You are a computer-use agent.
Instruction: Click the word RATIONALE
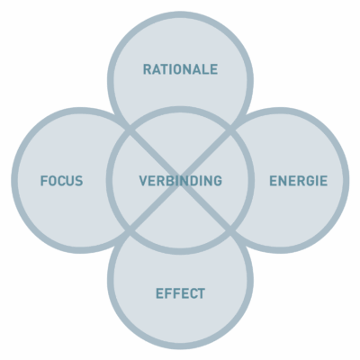[x=180, y=69]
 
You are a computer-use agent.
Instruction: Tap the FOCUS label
[x=61, y=181]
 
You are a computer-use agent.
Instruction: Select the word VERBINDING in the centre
[x=180, y=181]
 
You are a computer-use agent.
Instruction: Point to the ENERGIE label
[x=298, y=181]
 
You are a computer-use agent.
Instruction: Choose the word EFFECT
[x=180, y=293]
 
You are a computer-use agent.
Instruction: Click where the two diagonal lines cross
[x=180, y=181]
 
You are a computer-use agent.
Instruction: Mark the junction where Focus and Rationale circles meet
[x=130, y=130]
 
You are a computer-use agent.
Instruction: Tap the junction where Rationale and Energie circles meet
[x=230, y=130]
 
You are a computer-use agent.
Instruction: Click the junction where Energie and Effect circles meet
[x=230, y=231]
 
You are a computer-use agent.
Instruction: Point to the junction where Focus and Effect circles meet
[x=130, y=231]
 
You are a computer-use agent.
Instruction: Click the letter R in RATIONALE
[x=148, y=69]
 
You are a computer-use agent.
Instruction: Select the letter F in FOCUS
[x=44, y=181]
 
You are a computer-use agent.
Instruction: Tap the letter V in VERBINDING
[x=144, y=181]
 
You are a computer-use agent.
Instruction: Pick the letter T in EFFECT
[x=201, y=293]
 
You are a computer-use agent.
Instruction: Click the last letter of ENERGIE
[x=323, y=181]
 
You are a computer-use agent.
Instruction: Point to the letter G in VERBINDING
[x=218, y=181]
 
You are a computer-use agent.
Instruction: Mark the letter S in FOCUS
[x=78, y=181]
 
